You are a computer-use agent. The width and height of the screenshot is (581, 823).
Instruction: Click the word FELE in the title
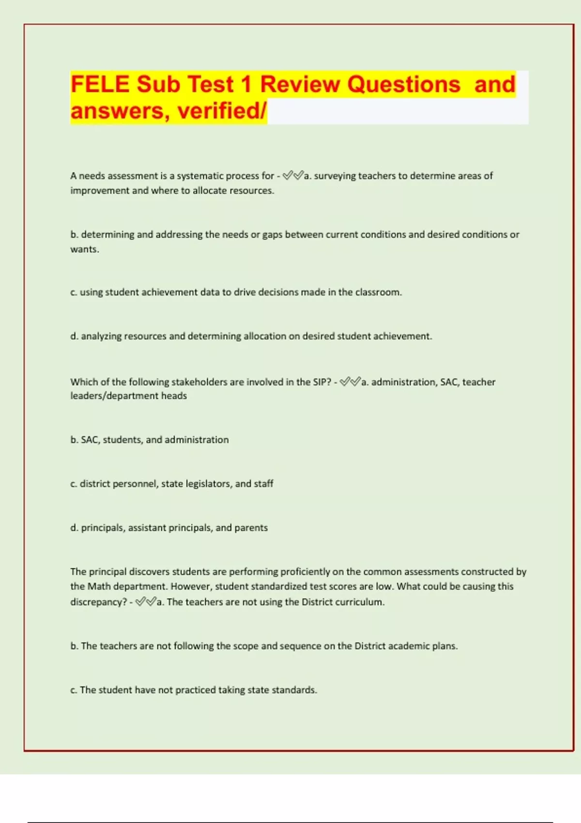[x=100, y=84]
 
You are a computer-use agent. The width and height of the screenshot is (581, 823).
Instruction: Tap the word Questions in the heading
[x=403, y=84]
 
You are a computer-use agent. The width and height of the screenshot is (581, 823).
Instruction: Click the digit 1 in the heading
[x=246, y=84]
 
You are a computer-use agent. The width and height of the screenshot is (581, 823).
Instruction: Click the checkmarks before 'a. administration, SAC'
[x=351, y=382]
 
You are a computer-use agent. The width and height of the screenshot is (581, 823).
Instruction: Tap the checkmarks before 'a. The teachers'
[x=146, y=602]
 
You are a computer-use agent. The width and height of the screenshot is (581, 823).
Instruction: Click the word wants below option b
[x=84, y=249]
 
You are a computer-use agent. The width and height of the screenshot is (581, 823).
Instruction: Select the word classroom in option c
[x=378, y=292]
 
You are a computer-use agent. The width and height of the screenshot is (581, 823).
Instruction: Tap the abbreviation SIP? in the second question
[x=322, y=382]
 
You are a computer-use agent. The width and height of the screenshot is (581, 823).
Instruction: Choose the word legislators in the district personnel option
[x=208, y=484]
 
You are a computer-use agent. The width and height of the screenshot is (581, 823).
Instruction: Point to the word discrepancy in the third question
[x=98, y=602]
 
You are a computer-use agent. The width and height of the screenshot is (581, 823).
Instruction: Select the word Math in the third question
[x=99, y=586]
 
